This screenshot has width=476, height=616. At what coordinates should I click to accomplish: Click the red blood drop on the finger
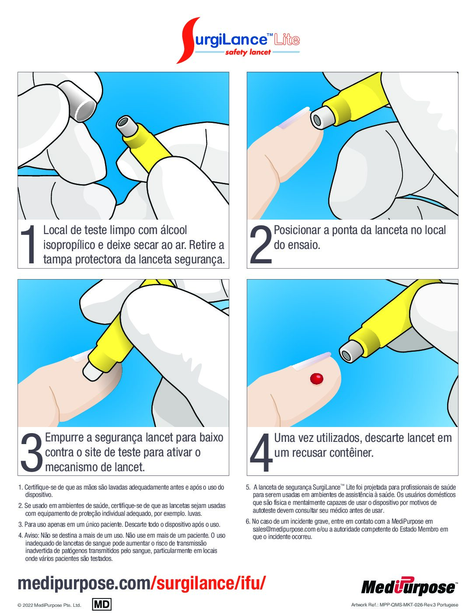click(x=317, y=379)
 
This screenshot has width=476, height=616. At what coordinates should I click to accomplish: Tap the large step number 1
click(x=28, y=245)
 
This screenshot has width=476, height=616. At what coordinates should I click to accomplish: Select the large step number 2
click(x=261, y=245)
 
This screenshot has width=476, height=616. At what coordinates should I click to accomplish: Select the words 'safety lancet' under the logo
click(x=248, y=52)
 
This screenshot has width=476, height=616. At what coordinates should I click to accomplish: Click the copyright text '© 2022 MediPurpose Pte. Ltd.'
click(x=49, y=605)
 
